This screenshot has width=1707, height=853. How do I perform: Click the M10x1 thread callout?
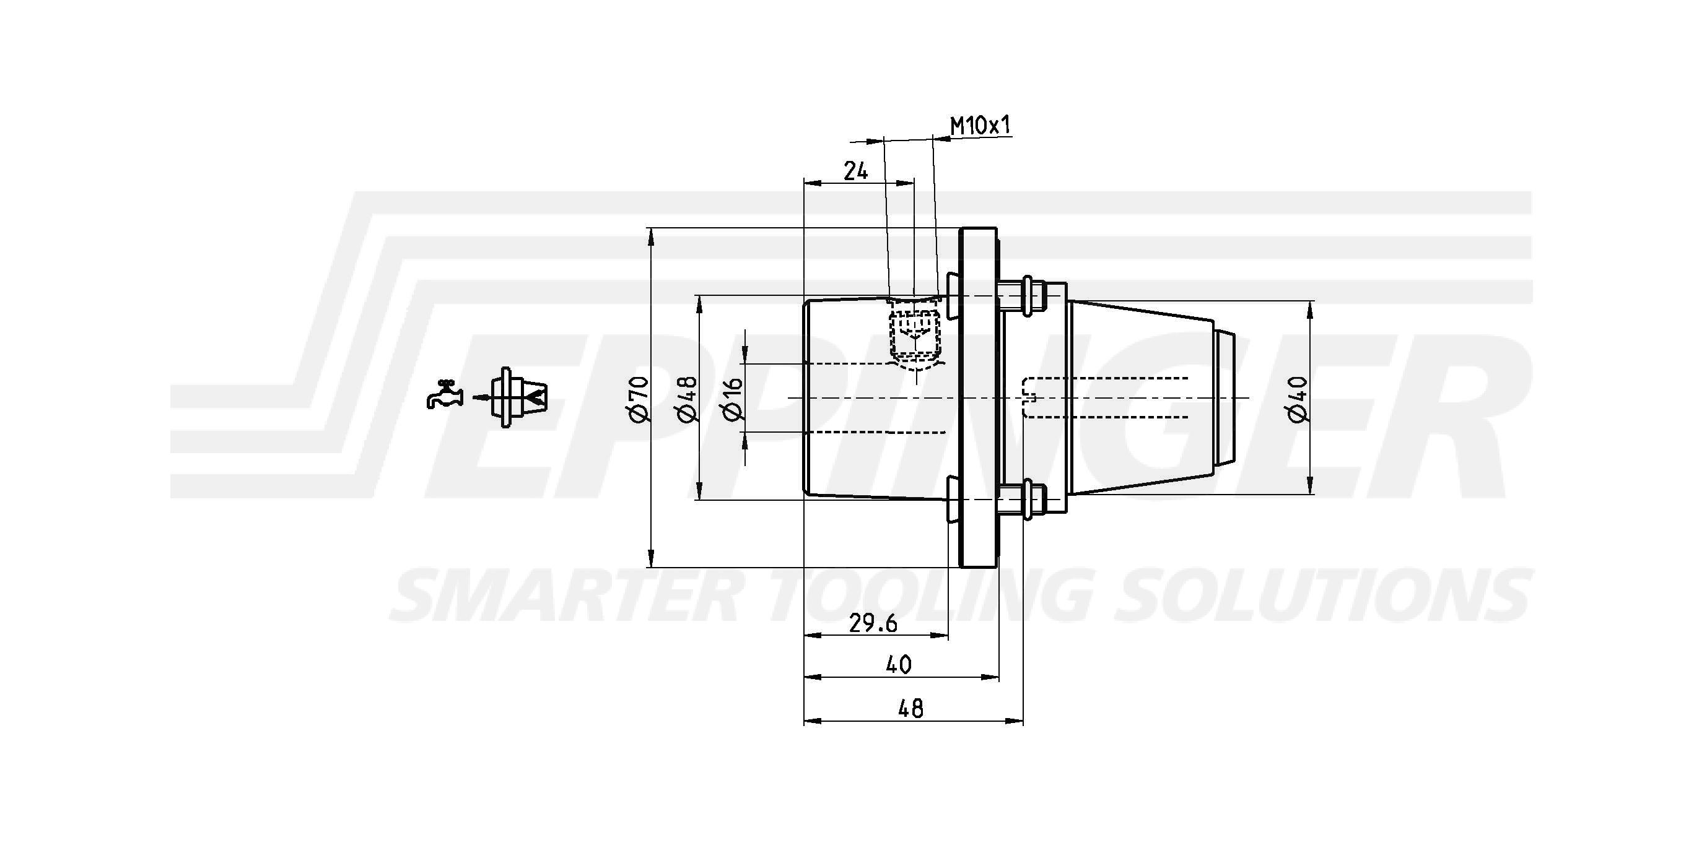980,125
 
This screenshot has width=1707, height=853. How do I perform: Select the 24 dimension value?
855,171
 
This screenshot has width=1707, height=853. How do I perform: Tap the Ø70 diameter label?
638,398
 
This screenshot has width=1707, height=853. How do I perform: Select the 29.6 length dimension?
874,623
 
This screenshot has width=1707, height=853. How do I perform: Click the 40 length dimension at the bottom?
899,664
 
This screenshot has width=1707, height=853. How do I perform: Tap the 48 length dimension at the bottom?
910,708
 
